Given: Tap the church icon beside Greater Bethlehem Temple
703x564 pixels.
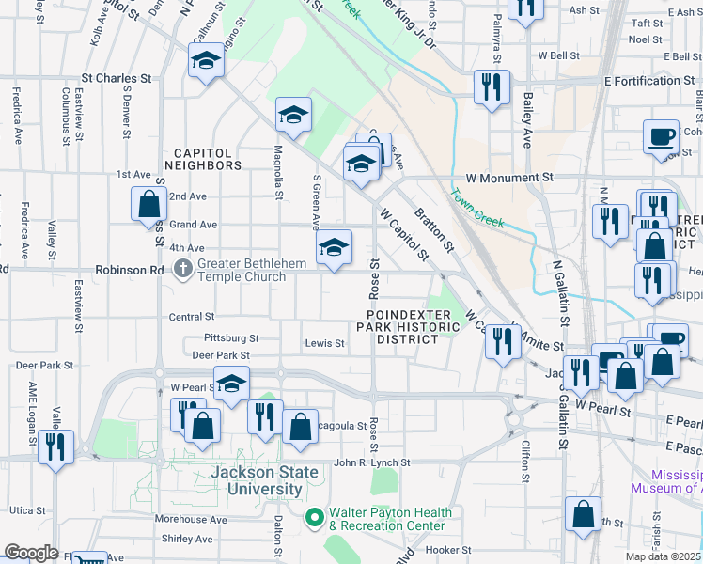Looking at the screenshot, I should (182, 270).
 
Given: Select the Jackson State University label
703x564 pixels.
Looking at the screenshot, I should (257, 480).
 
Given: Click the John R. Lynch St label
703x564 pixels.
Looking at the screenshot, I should (372, 462).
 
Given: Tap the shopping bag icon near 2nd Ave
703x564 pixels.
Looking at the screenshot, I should (149, 203).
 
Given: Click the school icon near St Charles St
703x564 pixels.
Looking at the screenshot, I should (204, 63).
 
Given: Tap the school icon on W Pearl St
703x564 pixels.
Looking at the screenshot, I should (231, 383).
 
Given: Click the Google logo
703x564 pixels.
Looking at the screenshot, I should (31, 553).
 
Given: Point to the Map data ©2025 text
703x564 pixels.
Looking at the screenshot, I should (664, 556).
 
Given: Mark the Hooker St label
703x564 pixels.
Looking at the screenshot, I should (447, 550).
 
